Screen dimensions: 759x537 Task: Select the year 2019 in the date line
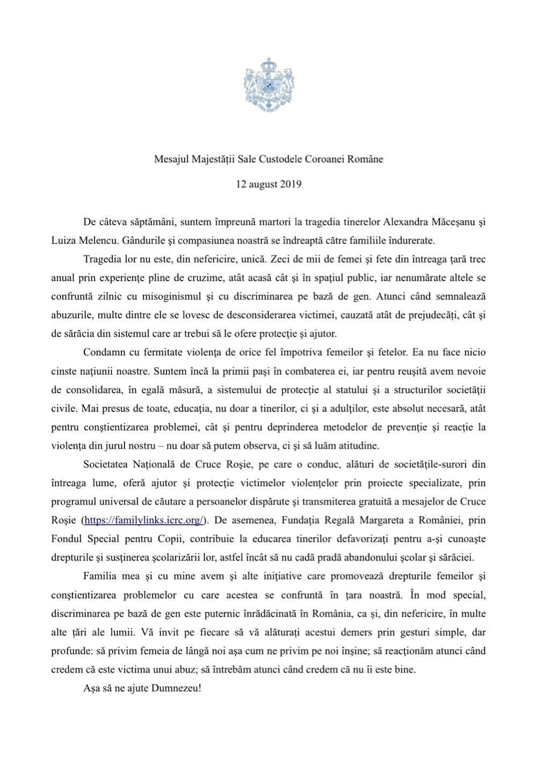pos(290,184)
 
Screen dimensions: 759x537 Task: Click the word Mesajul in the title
pos(170,159)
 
